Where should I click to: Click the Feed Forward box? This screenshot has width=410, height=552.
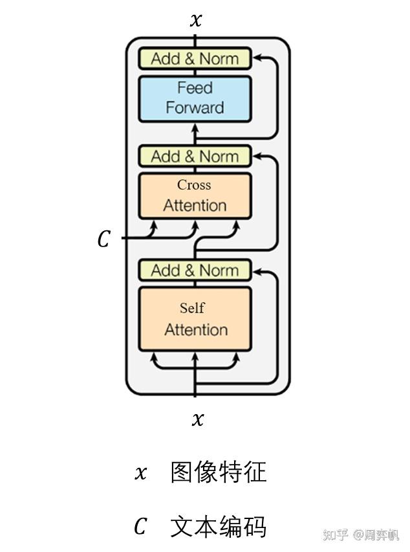point(195,98)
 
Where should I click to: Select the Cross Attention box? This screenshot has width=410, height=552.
point(195,195)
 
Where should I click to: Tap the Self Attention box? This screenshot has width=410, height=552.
point(195,319)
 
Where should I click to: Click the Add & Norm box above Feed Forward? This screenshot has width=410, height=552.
point(195,59)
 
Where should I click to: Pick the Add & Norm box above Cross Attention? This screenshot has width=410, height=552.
point(195,157)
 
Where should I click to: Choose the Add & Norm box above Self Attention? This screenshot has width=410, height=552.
point(195,270)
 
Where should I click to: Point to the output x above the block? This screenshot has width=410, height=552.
point(195,20)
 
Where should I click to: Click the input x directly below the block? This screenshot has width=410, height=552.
point(198,419)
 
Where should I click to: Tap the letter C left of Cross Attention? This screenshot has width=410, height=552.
point(103,240)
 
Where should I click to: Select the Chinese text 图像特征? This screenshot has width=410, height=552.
point(219,472)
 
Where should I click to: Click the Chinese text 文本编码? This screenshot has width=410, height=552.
point(219,527)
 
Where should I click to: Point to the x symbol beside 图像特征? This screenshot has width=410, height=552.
point(140,473)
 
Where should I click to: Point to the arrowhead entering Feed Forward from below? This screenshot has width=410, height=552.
point(195,127)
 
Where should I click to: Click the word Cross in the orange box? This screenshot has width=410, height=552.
point(194,185)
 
